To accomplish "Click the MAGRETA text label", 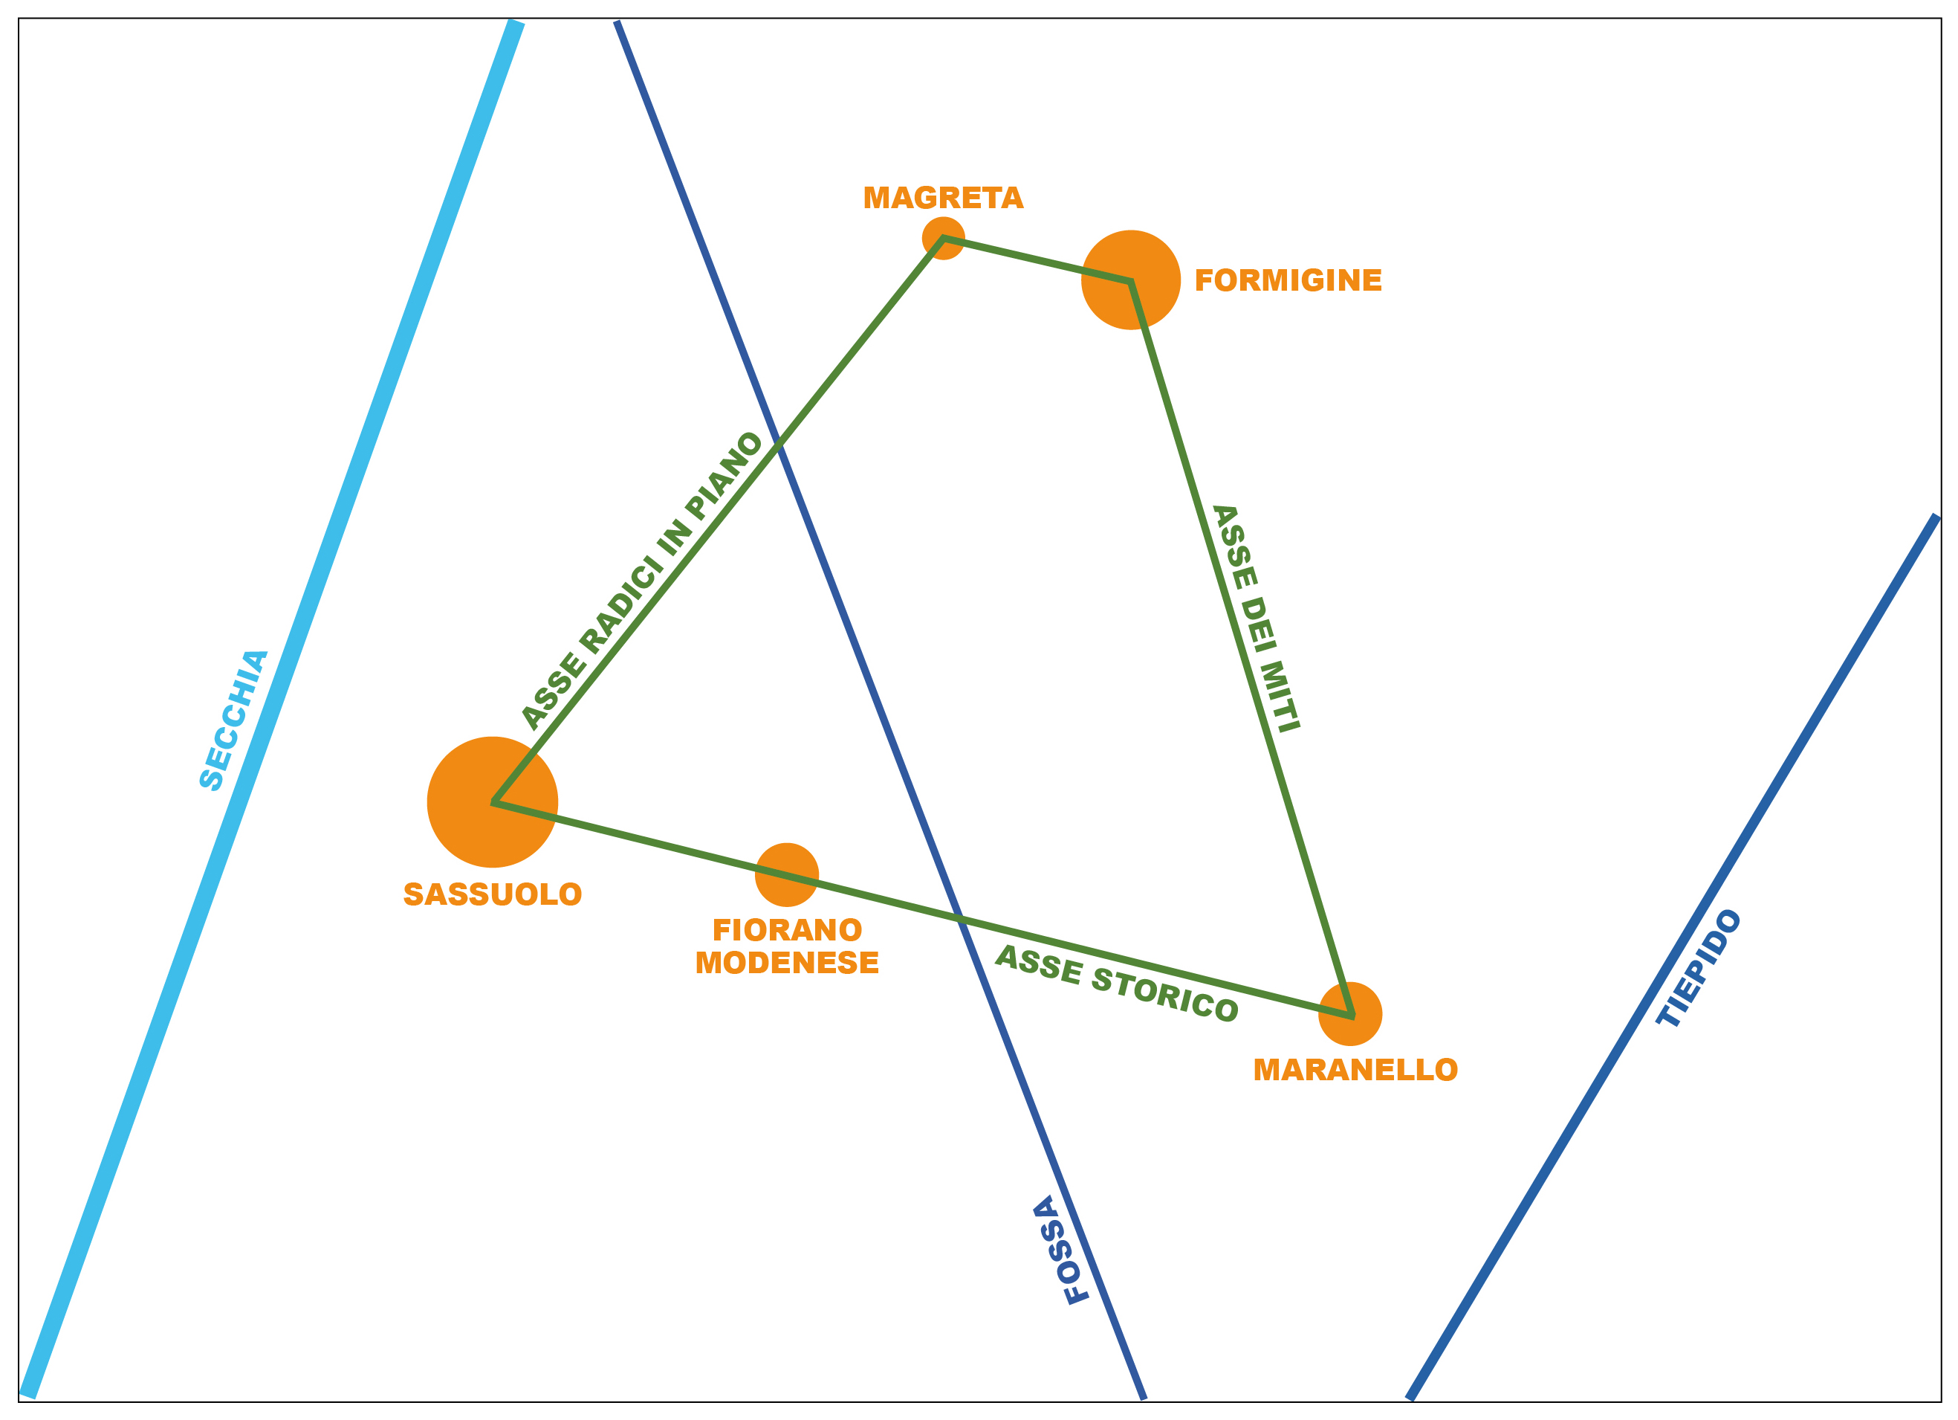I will click(943, 198).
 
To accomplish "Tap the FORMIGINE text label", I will click(1288, 281).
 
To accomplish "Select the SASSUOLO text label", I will click(492, 894).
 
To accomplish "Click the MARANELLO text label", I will click(1355, 1070).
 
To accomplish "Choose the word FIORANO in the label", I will click(786, 930).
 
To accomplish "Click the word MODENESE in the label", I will click(786, 962).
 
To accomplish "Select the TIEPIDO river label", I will click(1698, 968).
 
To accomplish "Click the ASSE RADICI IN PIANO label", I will click(641, 581).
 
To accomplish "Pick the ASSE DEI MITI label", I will click(1256, 619).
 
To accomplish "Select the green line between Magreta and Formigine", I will click(1036, 259).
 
